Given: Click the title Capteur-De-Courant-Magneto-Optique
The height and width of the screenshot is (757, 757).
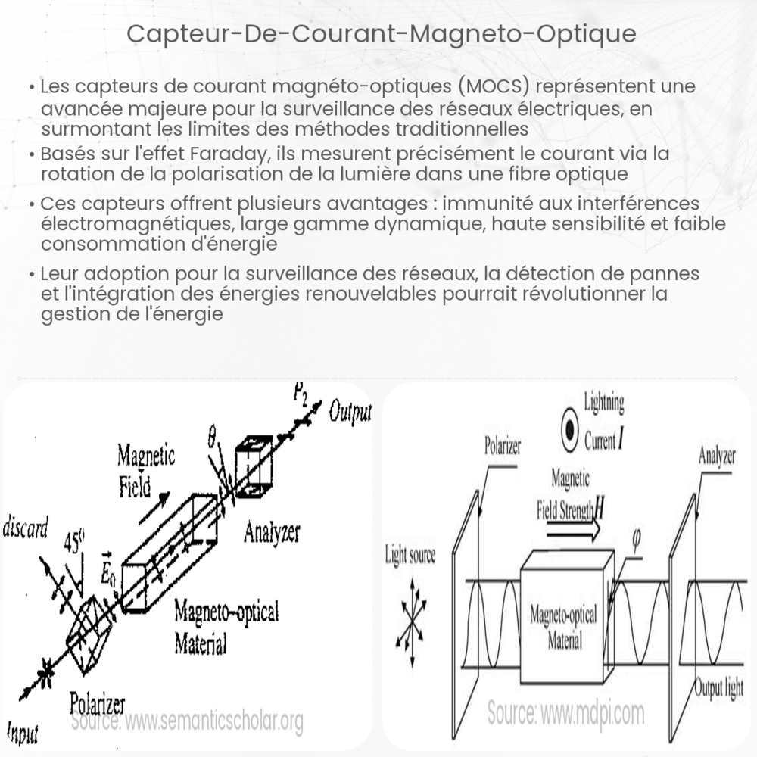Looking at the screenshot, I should pyautogui.click(x=378, y=34).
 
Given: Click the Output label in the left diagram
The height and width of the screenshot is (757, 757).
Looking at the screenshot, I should pyautogui.click(x=350, y=412).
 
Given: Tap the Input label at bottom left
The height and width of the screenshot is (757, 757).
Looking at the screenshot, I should pyautogui.click(x=23, y=732).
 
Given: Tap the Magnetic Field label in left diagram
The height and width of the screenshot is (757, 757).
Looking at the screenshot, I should pyautogui.click(x=145, y=469).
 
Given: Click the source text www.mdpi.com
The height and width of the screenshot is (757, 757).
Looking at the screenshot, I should pyautogui.click(x=565, y=712).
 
